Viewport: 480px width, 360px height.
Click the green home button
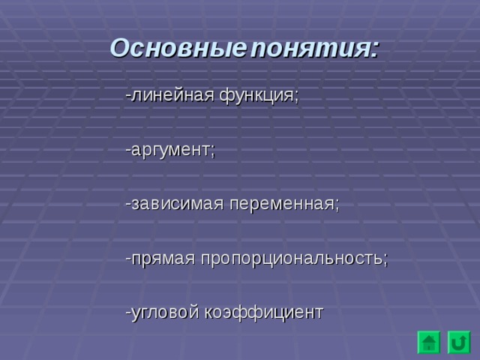point(429,343)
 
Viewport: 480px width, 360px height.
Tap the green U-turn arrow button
point(458,343)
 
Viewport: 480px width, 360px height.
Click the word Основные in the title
point(177,49)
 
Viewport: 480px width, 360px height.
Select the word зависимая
point(176,204)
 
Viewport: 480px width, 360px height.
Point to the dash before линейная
point(129,96)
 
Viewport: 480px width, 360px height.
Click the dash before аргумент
point(129,150)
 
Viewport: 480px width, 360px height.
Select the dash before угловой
point(129,312)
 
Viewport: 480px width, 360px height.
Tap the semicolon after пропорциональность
point(385,259)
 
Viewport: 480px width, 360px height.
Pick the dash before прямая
point(129,258)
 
